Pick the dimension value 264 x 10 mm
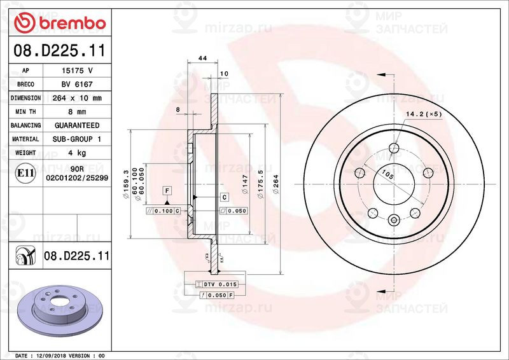76,98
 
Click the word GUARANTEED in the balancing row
76,125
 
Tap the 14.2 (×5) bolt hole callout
423,114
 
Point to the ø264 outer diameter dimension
276,184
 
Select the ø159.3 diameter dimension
126,184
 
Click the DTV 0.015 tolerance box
220,284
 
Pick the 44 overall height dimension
203,59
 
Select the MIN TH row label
25,112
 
